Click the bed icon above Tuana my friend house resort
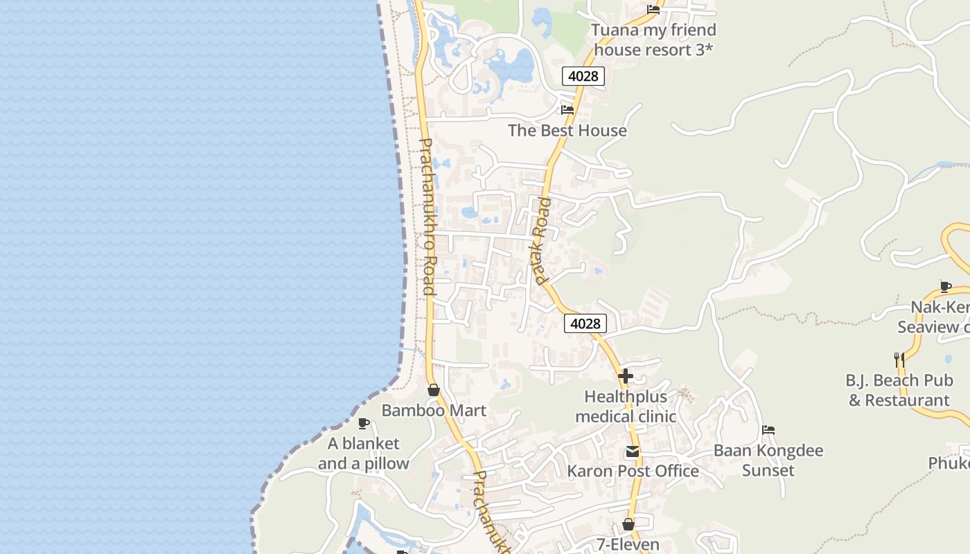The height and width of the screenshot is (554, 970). pos(653,9)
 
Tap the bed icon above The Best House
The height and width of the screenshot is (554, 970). pos(567,109)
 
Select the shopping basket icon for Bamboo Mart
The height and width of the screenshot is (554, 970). pos(434,390)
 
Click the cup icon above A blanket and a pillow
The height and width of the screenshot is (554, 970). pos(363,423)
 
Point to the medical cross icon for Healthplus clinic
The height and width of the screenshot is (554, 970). pos(626,376)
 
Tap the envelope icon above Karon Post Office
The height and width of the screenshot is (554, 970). pos(632,452)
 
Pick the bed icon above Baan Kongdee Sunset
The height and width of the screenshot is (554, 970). pos(768,430)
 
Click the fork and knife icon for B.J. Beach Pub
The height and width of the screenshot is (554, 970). pos(899,359)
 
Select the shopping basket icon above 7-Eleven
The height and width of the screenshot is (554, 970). pos(628,524)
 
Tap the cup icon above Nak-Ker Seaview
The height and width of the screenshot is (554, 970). pos(945,287)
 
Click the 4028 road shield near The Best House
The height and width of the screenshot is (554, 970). pos(583,76)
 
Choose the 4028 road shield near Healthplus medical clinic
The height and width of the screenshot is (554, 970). pos(585,323)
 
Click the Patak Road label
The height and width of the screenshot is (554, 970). pos(542,240)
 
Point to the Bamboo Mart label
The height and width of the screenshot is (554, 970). pos(434,411)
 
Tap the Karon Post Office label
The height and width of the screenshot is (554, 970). pos(633,472)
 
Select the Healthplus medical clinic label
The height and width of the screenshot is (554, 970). pos(626,406)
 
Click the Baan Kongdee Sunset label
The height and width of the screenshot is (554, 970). pos(768,461)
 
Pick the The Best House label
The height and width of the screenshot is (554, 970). pos(567,130)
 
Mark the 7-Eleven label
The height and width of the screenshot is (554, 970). pos(628,545)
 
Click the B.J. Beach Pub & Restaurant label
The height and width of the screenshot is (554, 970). pos(899,390)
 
